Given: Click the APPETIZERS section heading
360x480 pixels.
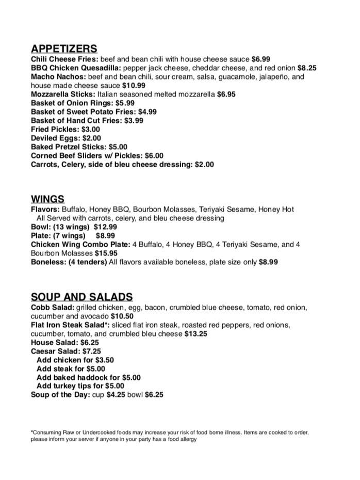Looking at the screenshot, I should [x=64, y=49].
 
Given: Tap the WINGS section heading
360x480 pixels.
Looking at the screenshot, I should [x=47, y=199].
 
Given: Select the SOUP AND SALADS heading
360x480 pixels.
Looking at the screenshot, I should [x=81, y=297].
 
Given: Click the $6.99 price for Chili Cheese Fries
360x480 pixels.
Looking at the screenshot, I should [x=261, y=59].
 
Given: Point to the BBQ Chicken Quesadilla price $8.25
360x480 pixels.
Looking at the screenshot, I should [x=307, y=68].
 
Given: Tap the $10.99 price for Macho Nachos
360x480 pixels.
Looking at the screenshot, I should [x=134, y=86].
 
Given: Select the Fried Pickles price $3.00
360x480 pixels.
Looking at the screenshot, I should [x=91, y=130].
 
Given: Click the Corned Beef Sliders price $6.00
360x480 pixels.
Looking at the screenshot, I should [x=154, y=156].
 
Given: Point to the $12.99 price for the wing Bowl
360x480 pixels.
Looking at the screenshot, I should [x=105, y=227].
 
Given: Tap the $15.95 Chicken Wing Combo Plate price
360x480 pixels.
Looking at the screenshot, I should [x=106, y=253].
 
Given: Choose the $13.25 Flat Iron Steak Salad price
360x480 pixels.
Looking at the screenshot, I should [x=196, y=334].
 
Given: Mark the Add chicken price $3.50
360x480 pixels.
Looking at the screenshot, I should [x=105, y=360].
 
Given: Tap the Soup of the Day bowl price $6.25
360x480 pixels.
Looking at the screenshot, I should [x=154, y=395].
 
